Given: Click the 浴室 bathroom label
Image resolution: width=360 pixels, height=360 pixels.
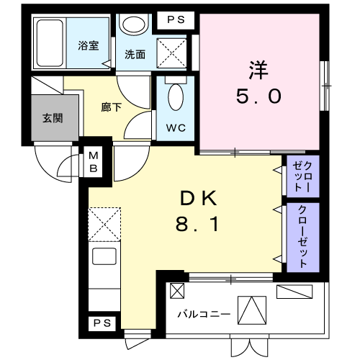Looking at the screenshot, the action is (89, 45).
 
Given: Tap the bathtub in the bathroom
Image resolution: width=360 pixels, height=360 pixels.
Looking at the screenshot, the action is (50, 43).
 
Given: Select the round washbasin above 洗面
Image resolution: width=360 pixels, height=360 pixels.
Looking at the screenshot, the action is (134, 24).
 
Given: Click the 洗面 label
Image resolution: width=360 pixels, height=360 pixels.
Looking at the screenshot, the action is (135, 55).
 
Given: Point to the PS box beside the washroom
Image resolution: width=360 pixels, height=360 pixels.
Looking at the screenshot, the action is (176, 19).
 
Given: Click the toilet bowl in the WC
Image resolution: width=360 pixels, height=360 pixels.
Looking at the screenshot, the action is (176, 97).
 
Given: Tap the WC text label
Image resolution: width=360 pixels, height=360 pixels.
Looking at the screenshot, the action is (176, 128).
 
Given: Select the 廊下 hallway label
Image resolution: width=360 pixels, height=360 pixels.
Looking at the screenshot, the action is (111, 107).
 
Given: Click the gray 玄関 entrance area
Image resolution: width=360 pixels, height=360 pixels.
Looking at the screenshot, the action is (55, 117).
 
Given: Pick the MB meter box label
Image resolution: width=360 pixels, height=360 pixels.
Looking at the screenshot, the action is (94, 162).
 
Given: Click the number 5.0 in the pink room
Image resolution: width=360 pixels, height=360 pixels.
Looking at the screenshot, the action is (258, 96).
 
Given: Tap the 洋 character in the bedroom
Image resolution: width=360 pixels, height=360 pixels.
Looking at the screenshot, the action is (258, 70).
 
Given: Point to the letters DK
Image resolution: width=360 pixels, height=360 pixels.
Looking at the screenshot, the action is (199, 198).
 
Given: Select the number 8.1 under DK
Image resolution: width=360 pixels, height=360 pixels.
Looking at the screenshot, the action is (197, 224).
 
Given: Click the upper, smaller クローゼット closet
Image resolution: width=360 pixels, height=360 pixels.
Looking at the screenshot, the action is (303, 176).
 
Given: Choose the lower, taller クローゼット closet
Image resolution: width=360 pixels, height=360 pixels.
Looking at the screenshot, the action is (303, 238).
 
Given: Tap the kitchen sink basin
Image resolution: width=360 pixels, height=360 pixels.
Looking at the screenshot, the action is (104, 256).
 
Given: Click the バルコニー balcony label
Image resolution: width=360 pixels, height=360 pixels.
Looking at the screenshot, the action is (204, 314).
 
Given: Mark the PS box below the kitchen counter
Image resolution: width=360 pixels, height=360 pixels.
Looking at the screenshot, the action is (102, 323).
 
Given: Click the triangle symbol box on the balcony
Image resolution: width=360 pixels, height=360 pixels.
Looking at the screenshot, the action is (252, 310).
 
